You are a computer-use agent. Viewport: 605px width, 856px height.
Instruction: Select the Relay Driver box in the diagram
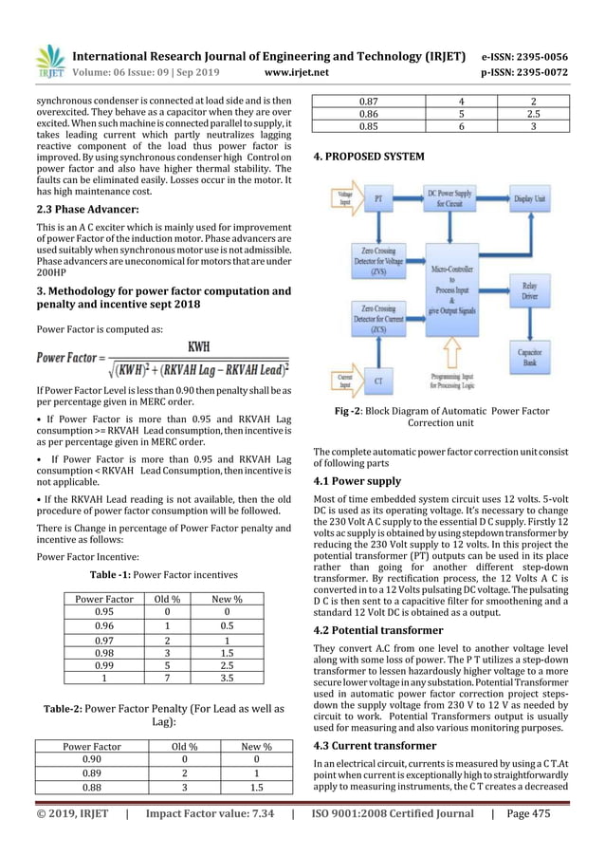[537, 291]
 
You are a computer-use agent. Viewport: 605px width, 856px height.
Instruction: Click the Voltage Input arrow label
[339, 197]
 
